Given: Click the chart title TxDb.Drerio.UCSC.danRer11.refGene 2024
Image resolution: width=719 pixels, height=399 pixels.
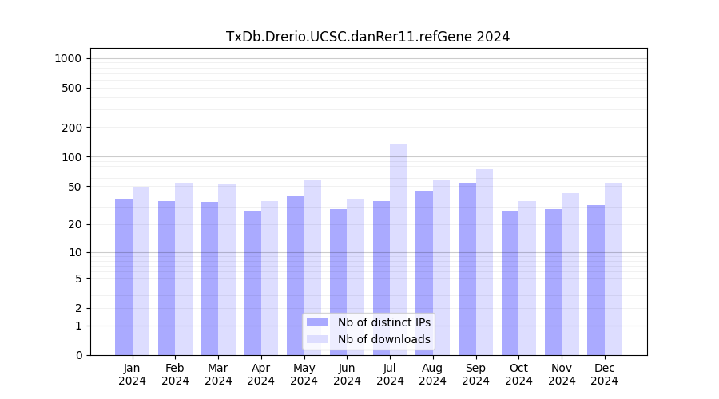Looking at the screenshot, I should click(x=367, y=37).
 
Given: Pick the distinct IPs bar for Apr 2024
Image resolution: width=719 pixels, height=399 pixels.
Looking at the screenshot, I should click(x=252, y=282).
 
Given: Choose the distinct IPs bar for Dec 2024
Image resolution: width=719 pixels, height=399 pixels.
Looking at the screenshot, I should click(x=596, y=280).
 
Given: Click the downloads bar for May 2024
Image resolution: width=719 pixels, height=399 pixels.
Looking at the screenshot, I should click(x=312, y=267).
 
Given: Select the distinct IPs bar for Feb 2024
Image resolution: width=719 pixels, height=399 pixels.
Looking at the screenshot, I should click(x=167, y=278).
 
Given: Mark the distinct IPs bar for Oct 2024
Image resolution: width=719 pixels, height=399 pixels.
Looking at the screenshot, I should click(x=510, y=282).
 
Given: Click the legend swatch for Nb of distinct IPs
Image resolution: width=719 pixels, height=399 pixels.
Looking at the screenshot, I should click(x=317, y=322).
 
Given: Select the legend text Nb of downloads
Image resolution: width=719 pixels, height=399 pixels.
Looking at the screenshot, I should click(x=384, y=339).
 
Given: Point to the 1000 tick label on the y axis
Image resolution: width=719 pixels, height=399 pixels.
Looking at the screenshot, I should click(x=68, y=58).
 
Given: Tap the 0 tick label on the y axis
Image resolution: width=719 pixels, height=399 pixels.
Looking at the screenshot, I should click(x=78, y=355).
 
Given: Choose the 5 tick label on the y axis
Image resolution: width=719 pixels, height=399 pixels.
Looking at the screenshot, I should click(x=78, y=279).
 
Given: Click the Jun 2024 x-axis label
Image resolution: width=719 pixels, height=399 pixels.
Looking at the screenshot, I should click(x=347, y=374).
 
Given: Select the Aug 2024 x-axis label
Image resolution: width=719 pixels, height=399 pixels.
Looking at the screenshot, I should click(x=433, y=374).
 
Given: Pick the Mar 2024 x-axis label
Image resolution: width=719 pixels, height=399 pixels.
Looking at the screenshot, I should click(x=218, y=374).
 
